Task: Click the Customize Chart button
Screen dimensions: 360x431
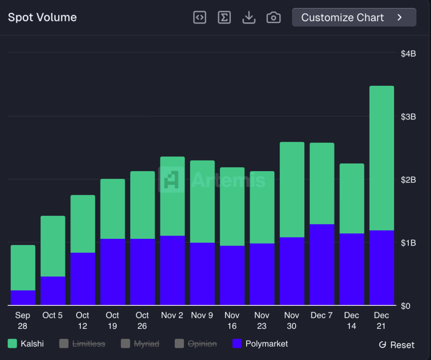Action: click(354, 17)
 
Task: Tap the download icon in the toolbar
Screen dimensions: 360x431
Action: click(249, 17)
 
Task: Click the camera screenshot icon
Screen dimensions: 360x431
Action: click(274, 17)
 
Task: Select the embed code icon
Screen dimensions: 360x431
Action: click(200, 17)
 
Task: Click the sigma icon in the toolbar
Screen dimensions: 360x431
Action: click(224, 17)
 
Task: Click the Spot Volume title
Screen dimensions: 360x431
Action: click(43, 18)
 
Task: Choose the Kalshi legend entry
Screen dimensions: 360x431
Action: click(26, 344)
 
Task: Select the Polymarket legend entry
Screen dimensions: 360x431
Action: click(261, 344)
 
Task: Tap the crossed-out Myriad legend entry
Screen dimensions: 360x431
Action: click(140, 344)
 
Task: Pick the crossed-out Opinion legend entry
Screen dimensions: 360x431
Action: click(196, 344)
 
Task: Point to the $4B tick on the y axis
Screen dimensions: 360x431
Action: click(408, 53)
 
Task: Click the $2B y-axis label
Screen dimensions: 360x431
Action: click(408, 180)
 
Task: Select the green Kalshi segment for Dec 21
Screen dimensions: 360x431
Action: click(381, 158)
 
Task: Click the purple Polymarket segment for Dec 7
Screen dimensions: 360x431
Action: click(322, 265)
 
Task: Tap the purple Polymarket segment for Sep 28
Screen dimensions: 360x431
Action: click(23, 298)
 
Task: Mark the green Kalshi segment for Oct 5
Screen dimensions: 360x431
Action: click(53, 246)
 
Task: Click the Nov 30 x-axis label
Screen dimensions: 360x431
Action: click(292, 320)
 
